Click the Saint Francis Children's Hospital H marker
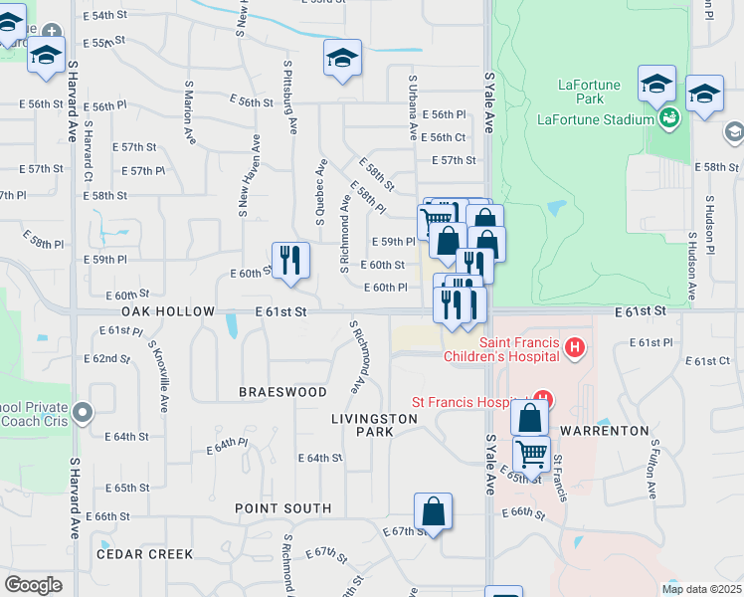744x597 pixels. (x=574, y=347)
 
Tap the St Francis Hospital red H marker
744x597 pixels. (x=541, y=401)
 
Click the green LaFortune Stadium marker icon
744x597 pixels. (x=670, y=118)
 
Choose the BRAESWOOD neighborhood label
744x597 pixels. (x=283, y=392)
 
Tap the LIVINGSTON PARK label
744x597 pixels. (x=374, y=426)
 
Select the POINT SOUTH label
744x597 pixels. (x=283, y=508)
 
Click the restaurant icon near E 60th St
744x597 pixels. (x=290, y=259)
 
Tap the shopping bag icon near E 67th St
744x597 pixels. (x=433, y=511)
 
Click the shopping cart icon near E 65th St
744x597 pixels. (x=532, y=454)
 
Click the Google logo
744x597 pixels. (x=33, y=584)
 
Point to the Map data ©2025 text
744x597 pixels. (x=700, y=589)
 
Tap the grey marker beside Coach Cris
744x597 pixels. (x=83, y=411)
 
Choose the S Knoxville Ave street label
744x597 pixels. (x=158, y=375)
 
